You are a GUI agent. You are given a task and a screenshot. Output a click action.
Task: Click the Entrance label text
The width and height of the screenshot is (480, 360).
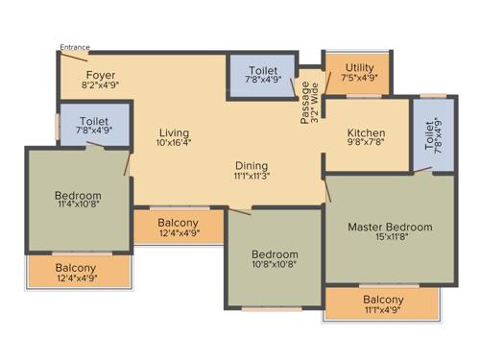75,46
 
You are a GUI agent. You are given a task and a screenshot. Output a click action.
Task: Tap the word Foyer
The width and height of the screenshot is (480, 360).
101,75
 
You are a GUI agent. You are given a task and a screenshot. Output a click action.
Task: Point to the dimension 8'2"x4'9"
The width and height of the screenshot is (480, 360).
101,86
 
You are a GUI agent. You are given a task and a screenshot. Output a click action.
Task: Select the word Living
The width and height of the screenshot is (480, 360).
175,132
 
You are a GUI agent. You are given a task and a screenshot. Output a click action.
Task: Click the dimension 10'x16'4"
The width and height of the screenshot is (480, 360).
175,145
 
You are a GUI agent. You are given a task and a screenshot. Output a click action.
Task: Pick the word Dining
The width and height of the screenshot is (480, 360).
251,165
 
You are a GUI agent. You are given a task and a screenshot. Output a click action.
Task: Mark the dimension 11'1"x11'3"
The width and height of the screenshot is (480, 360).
251,177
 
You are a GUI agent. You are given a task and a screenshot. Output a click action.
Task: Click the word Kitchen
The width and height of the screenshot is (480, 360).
366,132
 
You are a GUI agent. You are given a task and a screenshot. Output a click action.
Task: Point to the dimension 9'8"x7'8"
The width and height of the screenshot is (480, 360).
366,145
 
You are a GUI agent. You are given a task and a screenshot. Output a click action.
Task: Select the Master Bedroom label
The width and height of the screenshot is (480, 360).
390,228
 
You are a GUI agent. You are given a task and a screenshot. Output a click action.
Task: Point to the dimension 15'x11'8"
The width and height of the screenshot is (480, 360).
390,239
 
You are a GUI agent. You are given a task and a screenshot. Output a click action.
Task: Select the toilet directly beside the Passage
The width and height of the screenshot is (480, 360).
263,75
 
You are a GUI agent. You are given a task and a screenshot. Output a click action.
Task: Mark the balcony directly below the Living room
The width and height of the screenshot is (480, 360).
178,227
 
